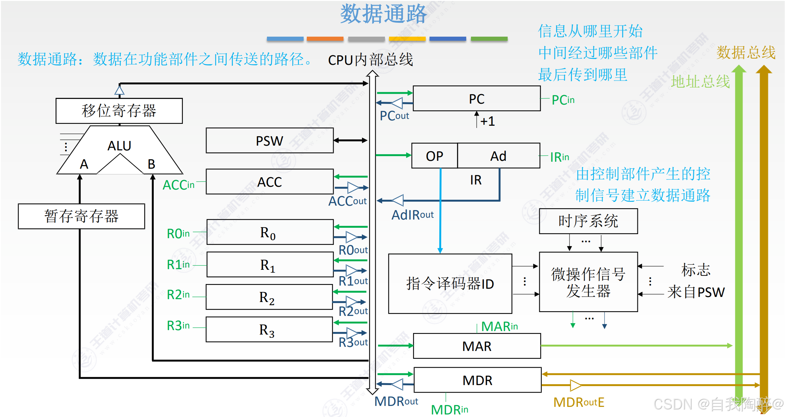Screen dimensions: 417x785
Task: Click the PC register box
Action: (x=476, y=99)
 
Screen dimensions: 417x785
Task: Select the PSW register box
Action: (x=269, y=141)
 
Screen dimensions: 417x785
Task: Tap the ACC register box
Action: (x=269, y=182)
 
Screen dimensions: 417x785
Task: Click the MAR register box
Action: (x=477, y=346)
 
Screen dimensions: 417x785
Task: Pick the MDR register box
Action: (x=477, y=380)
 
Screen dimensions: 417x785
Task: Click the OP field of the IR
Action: (x=434, y=156)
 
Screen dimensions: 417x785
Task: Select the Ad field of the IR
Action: (x=498, y=156)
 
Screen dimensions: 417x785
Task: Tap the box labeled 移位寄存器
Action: (x=119, y=111)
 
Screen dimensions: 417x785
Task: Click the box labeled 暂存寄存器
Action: (x=81, y=216)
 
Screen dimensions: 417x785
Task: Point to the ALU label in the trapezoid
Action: (x=119, y=146)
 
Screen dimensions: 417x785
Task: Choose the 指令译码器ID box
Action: (x=450, y=284)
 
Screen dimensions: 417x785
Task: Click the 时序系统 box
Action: (x=588, y=221)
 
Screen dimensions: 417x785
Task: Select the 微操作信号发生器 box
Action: (x=588, y=282)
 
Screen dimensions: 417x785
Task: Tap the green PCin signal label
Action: (x=563, y=100)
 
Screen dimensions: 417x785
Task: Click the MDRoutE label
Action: (x=578, y=402)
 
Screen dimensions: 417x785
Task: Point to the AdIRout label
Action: (x=412, y=215)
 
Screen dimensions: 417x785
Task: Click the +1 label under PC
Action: (x=487, y=121)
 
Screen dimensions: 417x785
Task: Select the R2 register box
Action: (x=269, y=297)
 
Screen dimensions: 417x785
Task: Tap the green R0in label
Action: (x=178, y=234)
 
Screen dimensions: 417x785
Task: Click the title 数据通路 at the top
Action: (x=383, y=14)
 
